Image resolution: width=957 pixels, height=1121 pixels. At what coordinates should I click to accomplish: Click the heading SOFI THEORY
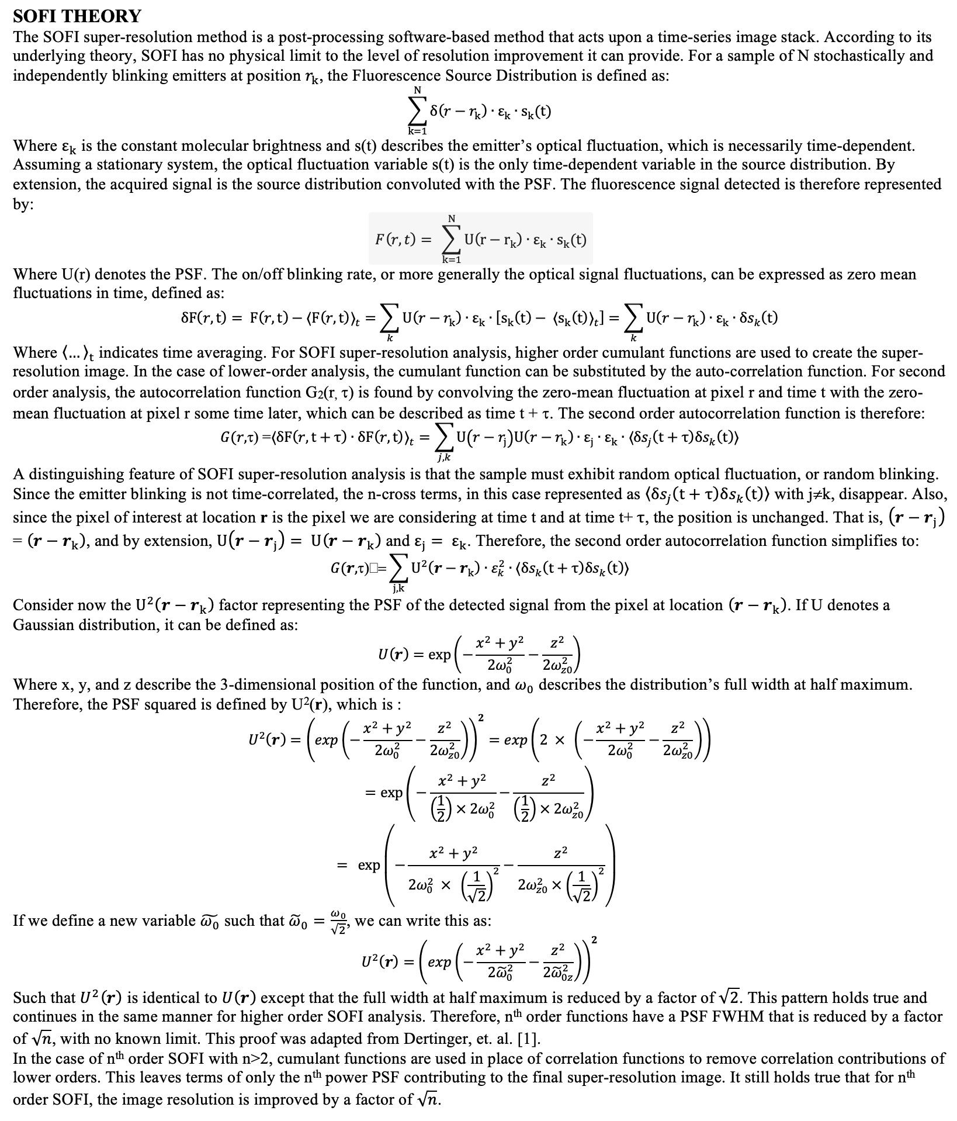[77, 16]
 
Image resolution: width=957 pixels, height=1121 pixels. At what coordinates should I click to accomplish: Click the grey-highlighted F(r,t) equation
[480, 238]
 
